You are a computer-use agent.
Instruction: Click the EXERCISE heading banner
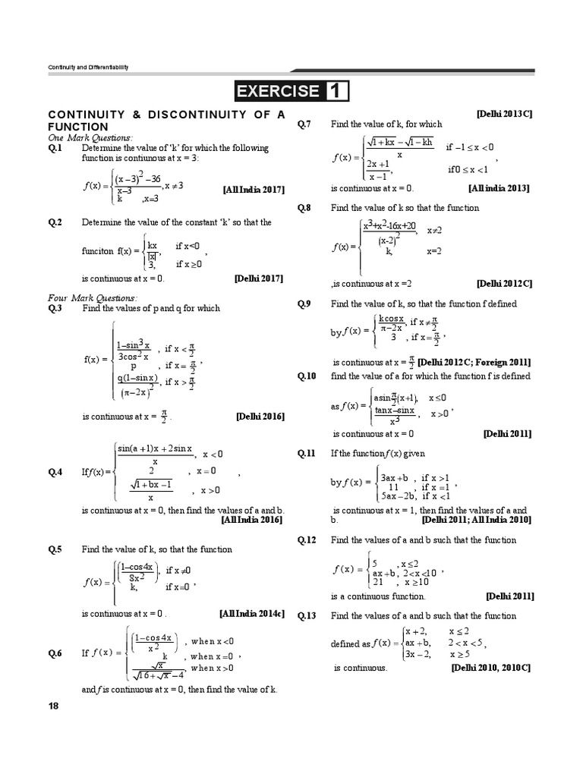[291, 91]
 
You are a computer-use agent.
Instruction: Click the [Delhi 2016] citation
[260, 417]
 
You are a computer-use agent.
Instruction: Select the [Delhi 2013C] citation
[504, 113]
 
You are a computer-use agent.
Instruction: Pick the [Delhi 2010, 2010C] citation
[490, 668]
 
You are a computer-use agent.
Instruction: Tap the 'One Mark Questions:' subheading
[90, 137]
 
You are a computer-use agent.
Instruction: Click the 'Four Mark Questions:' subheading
[92, 298]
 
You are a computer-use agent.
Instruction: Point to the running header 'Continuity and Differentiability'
[88, 68]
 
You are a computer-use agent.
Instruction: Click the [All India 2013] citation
[499, 188]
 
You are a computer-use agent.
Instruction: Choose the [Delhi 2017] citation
[259, 278]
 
